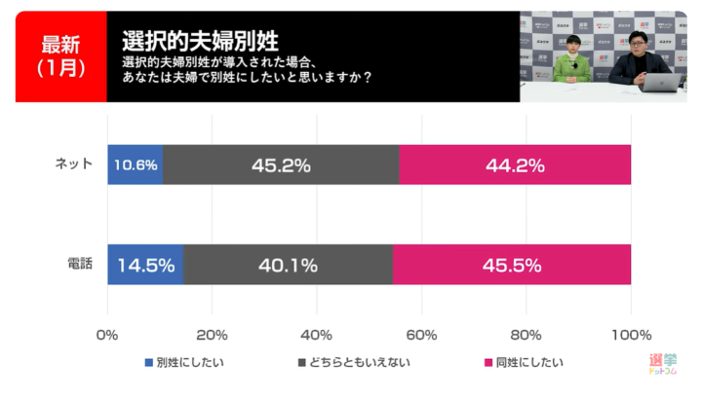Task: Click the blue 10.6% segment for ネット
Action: (135, 165)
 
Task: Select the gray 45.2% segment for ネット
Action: (281, 165)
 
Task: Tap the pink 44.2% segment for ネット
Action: (515, 165)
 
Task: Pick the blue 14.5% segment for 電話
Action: (145, 265)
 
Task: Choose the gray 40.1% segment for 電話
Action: (288, 265)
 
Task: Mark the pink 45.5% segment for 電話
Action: (512, 265)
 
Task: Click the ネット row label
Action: (75, 164)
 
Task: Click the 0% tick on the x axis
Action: (107, 336)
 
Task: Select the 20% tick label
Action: (212, 336)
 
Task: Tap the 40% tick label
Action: (317, 336)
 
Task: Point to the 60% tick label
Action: (421, 336)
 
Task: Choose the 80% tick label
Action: (526, 336)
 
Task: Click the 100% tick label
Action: (631, 336)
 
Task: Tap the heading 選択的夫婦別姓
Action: (201, 41)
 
